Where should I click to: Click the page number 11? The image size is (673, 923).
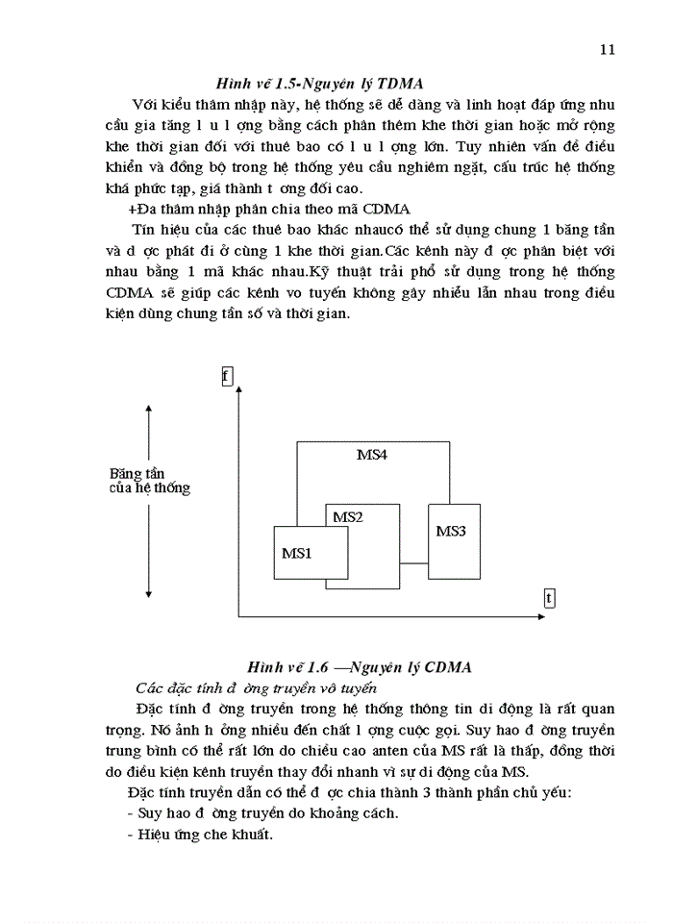pos(607,50)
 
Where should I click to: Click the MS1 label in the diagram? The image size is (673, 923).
pos(296,553)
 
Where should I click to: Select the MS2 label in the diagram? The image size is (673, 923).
pos(347,517)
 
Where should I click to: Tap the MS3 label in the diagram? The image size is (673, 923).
pos(451,531)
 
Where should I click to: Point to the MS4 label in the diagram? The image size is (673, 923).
pos(372,455)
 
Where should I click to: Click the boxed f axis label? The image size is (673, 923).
pos(227,376)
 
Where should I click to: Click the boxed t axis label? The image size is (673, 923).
pos(548,598)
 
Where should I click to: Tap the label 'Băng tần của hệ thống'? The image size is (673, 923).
pos(149,481)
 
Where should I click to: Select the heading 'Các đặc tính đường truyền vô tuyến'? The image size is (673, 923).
pos(256,687)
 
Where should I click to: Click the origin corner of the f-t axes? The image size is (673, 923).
pos(237,615)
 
